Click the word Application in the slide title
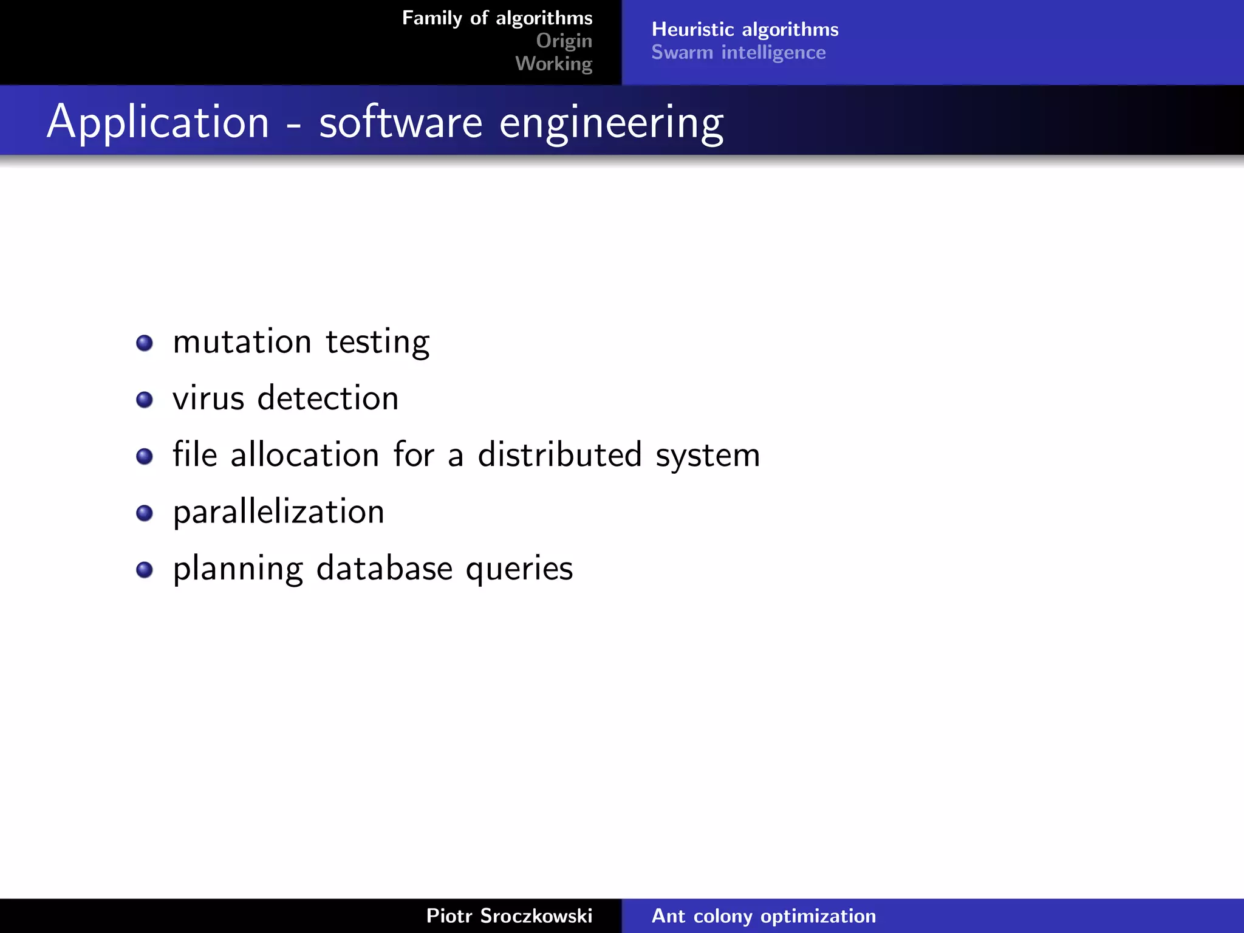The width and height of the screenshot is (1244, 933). tap(158, 122)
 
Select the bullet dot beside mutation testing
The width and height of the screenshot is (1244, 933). tap(145, 343)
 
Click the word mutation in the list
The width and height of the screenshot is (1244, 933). tap(242, 342)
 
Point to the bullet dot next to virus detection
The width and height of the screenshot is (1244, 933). tap(145, 400)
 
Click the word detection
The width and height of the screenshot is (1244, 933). tap(328, 399)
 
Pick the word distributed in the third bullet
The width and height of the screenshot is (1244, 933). tap(559, 455)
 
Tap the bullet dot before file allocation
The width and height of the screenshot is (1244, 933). tap(145, 456)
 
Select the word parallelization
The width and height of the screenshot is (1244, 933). tap(278, 512)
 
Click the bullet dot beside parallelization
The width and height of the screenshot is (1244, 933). tap(145, 513)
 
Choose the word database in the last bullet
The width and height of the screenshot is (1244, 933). tap(384, 569)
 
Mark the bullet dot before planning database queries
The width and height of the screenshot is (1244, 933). tap(145, 570)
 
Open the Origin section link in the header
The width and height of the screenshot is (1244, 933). tap(564, 41)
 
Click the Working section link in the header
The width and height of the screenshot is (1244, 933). tap(553, 64)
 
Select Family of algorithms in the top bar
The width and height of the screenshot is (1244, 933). tap(497, 18)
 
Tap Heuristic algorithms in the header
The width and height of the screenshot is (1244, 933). tap(745, 29)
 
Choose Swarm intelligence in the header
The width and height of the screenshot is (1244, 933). tap(738, 53)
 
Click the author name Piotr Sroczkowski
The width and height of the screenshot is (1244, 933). tap(509, 915)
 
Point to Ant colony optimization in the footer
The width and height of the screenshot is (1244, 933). tap(764, 915)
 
